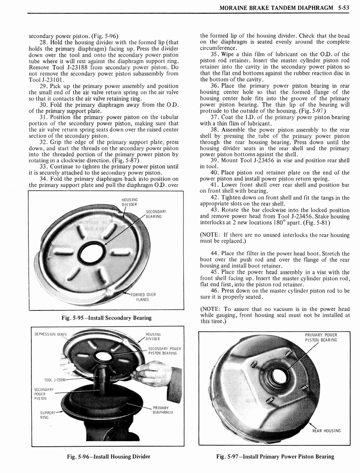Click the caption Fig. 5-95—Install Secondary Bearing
106,318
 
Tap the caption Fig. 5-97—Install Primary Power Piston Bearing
275,456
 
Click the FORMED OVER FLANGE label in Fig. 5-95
143,296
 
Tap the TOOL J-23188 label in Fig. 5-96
55,379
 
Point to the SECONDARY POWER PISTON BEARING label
164,351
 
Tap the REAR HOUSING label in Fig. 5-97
326,431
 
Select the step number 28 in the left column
44,42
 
